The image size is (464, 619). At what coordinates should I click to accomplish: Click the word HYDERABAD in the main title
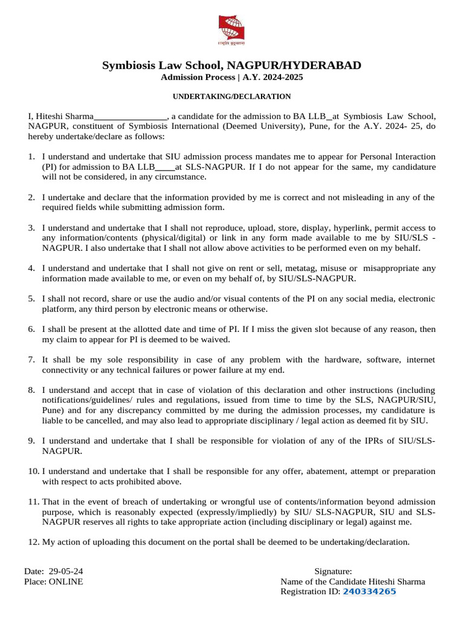click(324, 65)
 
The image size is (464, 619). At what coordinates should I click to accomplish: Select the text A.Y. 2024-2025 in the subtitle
click(274, 78)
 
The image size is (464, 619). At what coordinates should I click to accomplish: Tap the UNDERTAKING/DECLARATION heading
click(232, 97)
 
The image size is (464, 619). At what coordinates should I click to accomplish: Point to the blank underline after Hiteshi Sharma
click(130, 116)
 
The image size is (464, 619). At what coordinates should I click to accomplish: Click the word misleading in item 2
click(355, 197)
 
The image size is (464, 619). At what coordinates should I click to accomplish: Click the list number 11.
click(33, 502)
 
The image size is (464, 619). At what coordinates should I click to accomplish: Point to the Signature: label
click(333, 571)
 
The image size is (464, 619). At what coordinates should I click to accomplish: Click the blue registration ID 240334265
click(369, 592)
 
